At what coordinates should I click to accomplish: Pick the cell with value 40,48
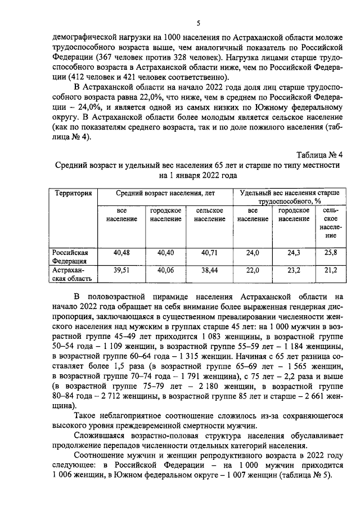point(121,253)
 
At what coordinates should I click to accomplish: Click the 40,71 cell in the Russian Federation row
point(209,253)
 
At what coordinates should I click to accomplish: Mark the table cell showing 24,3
point(294,253)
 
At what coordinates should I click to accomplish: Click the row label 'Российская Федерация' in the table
point(70,257)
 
